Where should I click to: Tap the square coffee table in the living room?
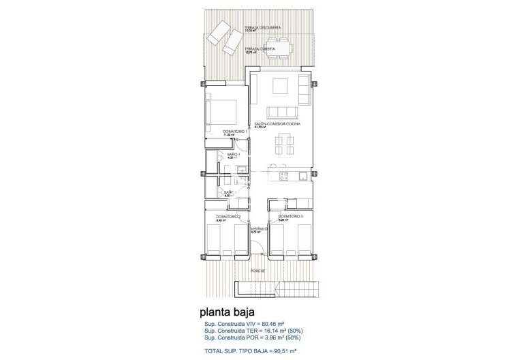(x=280, y=86)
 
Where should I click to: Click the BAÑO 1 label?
(x=232, y=155)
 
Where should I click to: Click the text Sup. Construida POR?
(x=231, y=338)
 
